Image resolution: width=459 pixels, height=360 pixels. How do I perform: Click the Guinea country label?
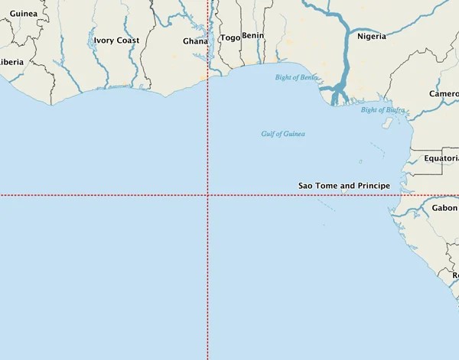pos(23,13)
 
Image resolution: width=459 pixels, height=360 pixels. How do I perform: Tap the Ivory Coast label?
pos(116,41)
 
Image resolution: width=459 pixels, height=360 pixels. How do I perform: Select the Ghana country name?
pos(195,41)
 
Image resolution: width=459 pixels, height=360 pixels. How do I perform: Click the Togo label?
pos(229,37)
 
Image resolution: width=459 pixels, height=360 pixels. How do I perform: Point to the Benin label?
pos(252,35)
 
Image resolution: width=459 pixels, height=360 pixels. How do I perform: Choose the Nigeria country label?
pos(371,35)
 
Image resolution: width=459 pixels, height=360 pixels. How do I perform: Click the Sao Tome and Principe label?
pos(343,186)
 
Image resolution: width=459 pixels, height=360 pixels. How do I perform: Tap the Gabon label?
pos(444,208)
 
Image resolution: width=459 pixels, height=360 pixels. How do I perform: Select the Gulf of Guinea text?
pos(282,134)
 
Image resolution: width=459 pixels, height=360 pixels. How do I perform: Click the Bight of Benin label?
pos(297,77)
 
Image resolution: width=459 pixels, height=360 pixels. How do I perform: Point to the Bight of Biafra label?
pos(382,110)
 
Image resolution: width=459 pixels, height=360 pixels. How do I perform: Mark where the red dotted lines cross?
pos(208,196)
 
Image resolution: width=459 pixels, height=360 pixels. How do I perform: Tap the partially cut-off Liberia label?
pos(11,62)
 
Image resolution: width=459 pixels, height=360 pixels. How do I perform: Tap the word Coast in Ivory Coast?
pos(128,41)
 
